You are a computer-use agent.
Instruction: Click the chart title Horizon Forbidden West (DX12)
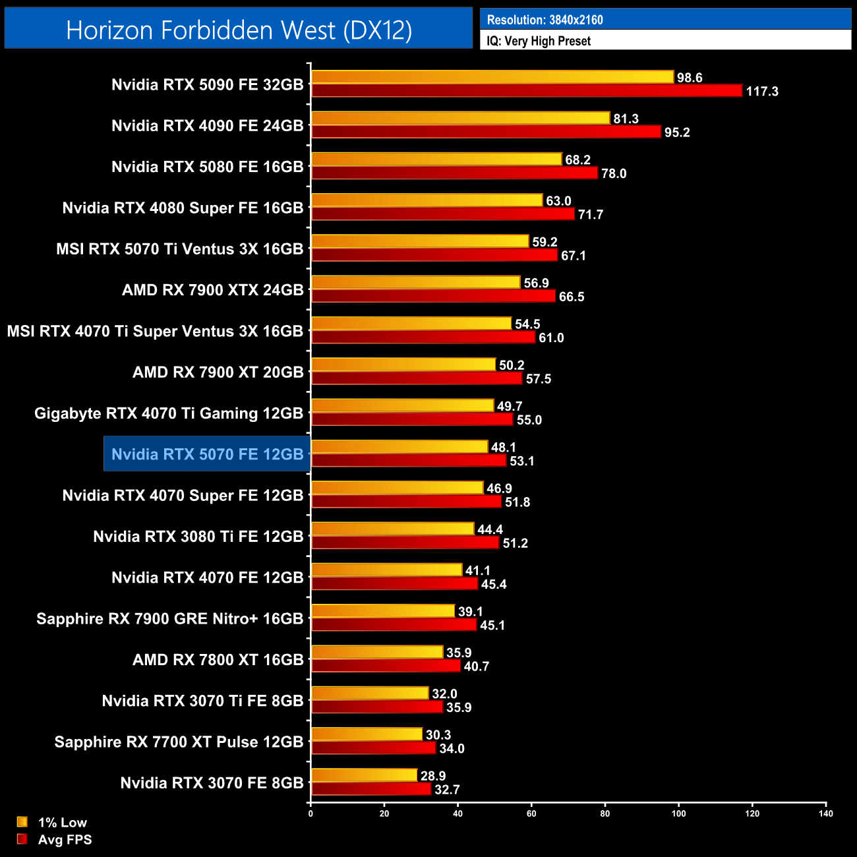239,30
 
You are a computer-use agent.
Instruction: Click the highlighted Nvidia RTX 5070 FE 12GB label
207,454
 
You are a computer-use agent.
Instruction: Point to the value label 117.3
762,92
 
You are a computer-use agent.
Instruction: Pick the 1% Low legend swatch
22,822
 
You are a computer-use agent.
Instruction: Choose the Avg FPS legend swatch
22,839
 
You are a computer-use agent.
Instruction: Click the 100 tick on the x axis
678,813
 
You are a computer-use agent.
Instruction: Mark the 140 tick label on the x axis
825,813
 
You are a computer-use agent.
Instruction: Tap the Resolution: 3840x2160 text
545,20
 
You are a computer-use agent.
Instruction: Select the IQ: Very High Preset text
539,41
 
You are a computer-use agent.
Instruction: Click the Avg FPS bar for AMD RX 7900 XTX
433,296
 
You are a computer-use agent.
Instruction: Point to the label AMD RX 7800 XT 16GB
218,660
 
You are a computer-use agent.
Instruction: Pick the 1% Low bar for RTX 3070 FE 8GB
364,776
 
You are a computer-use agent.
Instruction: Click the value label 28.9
433,776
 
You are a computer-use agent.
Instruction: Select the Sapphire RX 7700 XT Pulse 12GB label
179,742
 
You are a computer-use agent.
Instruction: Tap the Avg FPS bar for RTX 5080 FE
454,173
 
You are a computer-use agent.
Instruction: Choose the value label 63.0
558,201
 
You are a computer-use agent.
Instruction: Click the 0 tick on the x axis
310,813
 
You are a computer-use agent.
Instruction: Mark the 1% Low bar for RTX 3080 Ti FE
392,529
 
